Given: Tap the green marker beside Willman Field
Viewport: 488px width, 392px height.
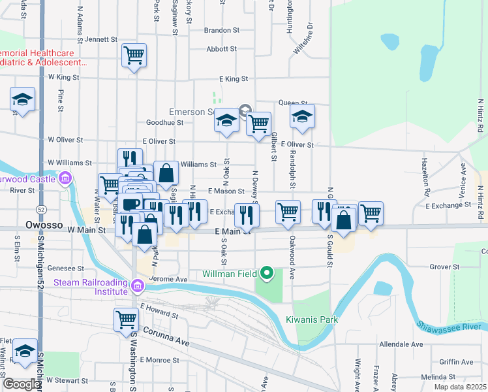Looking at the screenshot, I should click(x=266, y=272).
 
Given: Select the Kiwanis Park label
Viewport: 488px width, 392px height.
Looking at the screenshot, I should click(x=312, y=319).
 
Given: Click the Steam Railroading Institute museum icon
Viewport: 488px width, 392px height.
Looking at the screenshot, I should click(x=137, y=285).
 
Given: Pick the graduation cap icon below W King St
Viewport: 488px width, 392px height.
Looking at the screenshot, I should click(x=22, y=100).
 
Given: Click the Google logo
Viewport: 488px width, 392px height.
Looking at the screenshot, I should click(x=21, y=384).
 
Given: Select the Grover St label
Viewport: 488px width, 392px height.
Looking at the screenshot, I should click(x=445, y=267).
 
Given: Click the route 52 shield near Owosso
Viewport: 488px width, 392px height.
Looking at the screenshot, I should click(x=41, y=209).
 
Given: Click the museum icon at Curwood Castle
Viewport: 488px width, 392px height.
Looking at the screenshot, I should click(x=65, y=178).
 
